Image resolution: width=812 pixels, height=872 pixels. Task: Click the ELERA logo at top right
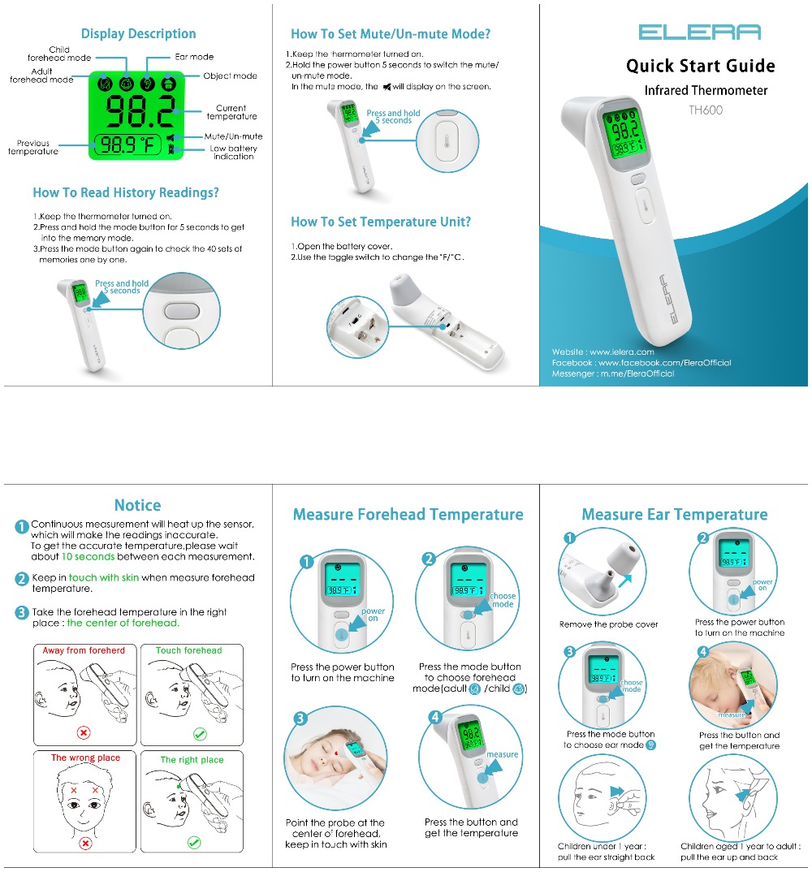tap(699, 32)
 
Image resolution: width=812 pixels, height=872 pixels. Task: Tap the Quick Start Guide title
tap(700, 66)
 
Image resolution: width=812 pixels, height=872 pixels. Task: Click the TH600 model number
tap(706, 110)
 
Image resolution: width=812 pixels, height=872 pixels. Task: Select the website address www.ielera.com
tap(621, 352)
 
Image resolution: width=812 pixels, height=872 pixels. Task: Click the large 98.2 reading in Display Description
tap(139, 110)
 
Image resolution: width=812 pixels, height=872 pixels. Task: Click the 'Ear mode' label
tap(194, 57)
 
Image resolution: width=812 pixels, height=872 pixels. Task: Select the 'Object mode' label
tap(230, 76)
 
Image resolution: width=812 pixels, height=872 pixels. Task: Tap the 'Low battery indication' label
tap(234, 153)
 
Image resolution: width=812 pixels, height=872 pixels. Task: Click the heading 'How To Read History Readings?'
tap(126, 193)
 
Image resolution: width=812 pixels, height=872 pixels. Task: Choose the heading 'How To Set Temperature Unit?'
tap(381, 222)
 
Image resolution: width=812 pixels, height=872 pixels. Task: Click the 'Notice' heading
tap(137, 505)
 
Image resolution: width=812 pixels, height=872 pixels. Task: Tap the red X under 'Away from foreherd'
tap(83, 732)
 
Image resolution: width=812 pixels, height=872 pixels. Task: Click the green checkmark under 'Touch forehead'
tap(199, 733)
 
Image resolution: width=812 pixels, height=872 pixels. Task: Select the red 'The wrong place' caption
tap(85, 758)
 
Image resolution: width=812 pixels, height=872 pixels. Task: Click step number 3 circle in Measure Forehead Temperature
tap(300, 718)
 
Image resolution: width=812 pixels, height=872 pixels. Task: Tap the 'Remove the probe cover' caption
tap(609, 624)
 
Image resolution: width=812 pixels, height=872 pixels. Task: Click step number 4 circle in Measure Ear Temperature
tap(703, 651)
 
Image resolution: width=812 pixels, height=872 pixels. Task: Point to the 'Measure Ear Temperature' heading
tap(674, 515)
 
